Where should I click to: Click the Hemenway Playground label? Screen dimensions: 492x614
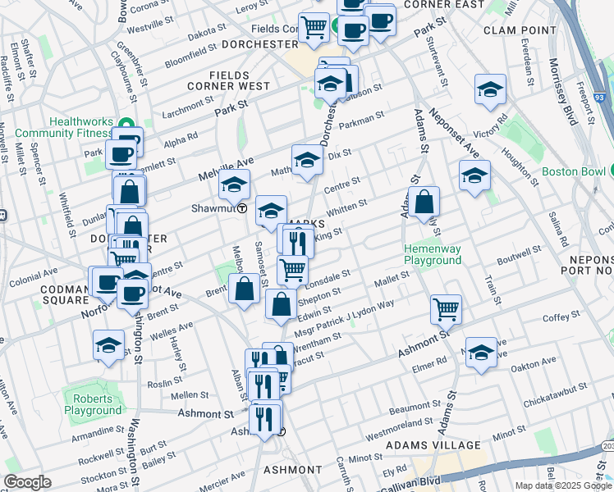click(432, 254)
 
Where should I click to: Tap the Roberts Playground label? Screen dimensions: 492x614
click(93, 404)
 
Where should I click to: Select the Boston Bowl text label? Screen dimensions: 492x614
click(573, 173)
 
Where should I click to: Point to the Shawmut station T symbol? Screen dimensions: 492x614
click(242, 208)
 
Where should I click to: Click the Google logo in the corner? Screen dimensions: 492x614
click(27, 482)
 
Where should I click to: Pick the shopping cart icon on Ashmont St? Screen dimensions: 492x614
click(446, 308)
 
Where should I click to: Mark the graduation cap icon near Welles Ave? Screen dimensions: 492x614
click(108, 344)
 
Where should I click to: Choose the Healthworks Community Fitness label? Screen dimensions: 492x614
click(80, 127)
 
